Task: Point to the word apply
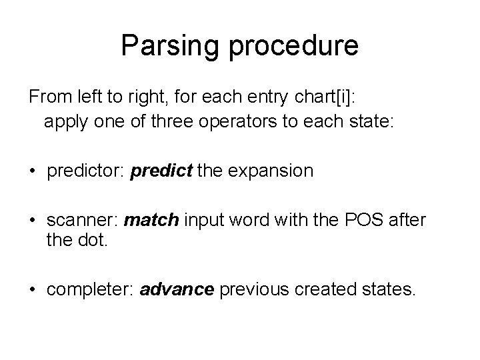click(64, 122)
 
